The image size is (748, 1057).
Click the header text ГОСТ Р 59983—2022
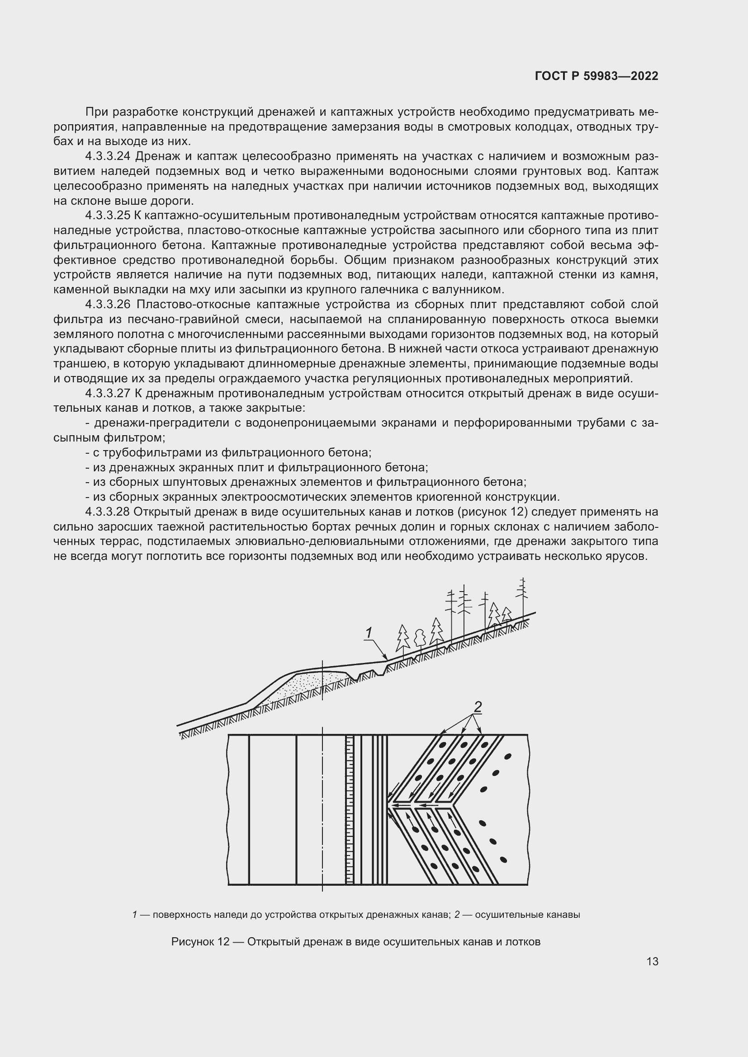597,76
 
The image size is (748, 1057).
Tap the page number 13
652,961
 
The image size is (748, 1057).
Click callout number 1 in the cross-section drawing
369,633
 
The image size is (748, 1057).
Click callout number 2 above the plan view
478,707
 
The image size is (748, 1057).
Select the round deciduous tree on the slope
419,638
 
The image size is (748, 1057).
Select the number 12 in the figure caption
223,941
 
